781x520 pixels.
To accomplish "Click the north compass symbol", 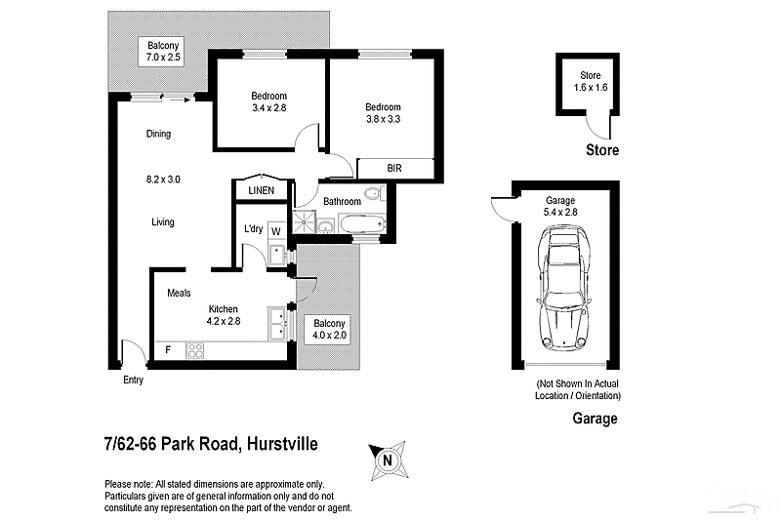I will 388,459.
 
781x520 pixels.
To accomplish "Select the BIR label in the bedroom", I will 394,169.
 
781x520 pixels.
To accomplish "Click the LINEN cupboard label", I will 261,191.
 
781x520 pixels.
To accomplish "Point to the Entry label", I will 133,380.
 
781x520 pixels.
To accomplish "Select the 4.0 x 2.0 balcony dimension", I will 329,336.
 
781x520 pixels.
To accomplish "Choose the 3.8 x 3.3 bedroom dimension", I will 383,119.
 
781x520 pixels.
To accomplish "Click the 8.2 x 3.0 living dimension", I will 162,179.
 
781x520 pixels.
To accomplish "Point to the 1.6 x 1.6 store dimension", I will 590,88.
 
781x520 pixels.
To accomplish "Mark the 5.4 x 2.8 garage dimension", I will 560,212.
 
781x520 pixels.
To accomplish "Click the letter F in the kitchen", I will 169,348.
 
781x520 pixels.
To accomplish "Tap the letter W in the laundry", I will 275,231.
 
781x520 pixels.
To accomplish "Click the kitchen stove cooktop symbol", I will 195,348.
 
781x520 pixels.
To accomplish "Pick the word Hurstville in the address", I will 280,445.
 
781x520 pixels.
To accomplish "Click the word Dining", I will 158,135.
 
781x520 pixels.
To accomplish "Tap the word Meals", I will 179,293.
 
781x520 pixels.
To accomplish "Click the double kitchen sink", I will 279,323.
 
